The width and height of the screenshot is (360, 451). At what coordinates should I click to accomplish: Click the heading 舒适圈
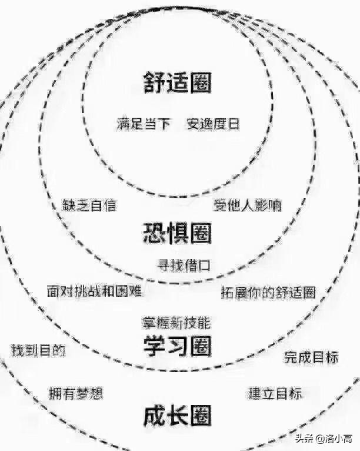(x=177, y=83)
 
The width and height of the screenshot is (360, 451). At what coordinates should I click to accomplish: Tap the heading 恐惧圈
(x=177, y=233)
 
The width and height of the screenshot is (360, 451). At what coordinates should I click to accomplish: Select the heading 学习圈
(x=177, y=346)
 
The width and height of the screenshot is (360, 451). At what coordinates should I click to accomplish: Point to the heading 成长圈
(x=177, y=416)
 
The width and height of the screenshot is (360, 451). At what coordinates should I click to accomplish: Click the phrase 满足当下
(x=144, y=124)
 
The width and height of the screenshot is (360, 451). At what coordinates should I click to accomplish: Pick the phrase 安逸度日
(x=213, y=124)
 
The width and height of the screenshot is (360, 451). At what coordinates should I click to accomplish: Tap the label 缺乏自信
(x=89, y=205)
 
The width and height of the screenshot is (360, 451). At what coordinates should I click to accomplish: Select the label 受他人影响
(x=247, y=205)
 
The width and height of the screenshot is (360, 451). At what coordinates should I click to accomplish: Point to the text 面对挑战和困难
(x=94, y=290)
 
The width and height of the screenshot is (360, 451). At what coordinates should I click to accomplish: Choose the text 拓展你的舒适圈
(x=268, y=291)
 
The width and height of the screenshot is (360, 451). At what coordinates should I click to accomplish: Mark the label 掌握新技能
(x=176, y=323)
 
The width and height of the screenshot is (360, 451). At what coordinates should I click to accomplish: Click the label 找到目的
(x=38, y=350)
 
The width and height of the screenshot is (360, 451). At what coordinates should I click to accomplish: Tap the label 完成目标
(x=311, y=357)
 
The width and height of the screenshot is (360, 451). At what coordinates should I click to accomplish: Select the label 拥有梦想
(x=76, y=394)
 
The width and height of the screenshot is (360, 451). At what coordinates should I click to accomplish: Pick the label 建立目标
(x=275, y=393)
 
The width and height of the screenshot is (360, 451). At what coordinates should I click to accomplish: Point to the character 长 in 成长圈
(x=177, y=416)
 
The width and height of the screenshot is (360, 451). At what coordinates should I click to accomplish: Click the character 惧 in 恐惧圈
(x=177, y=233)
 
